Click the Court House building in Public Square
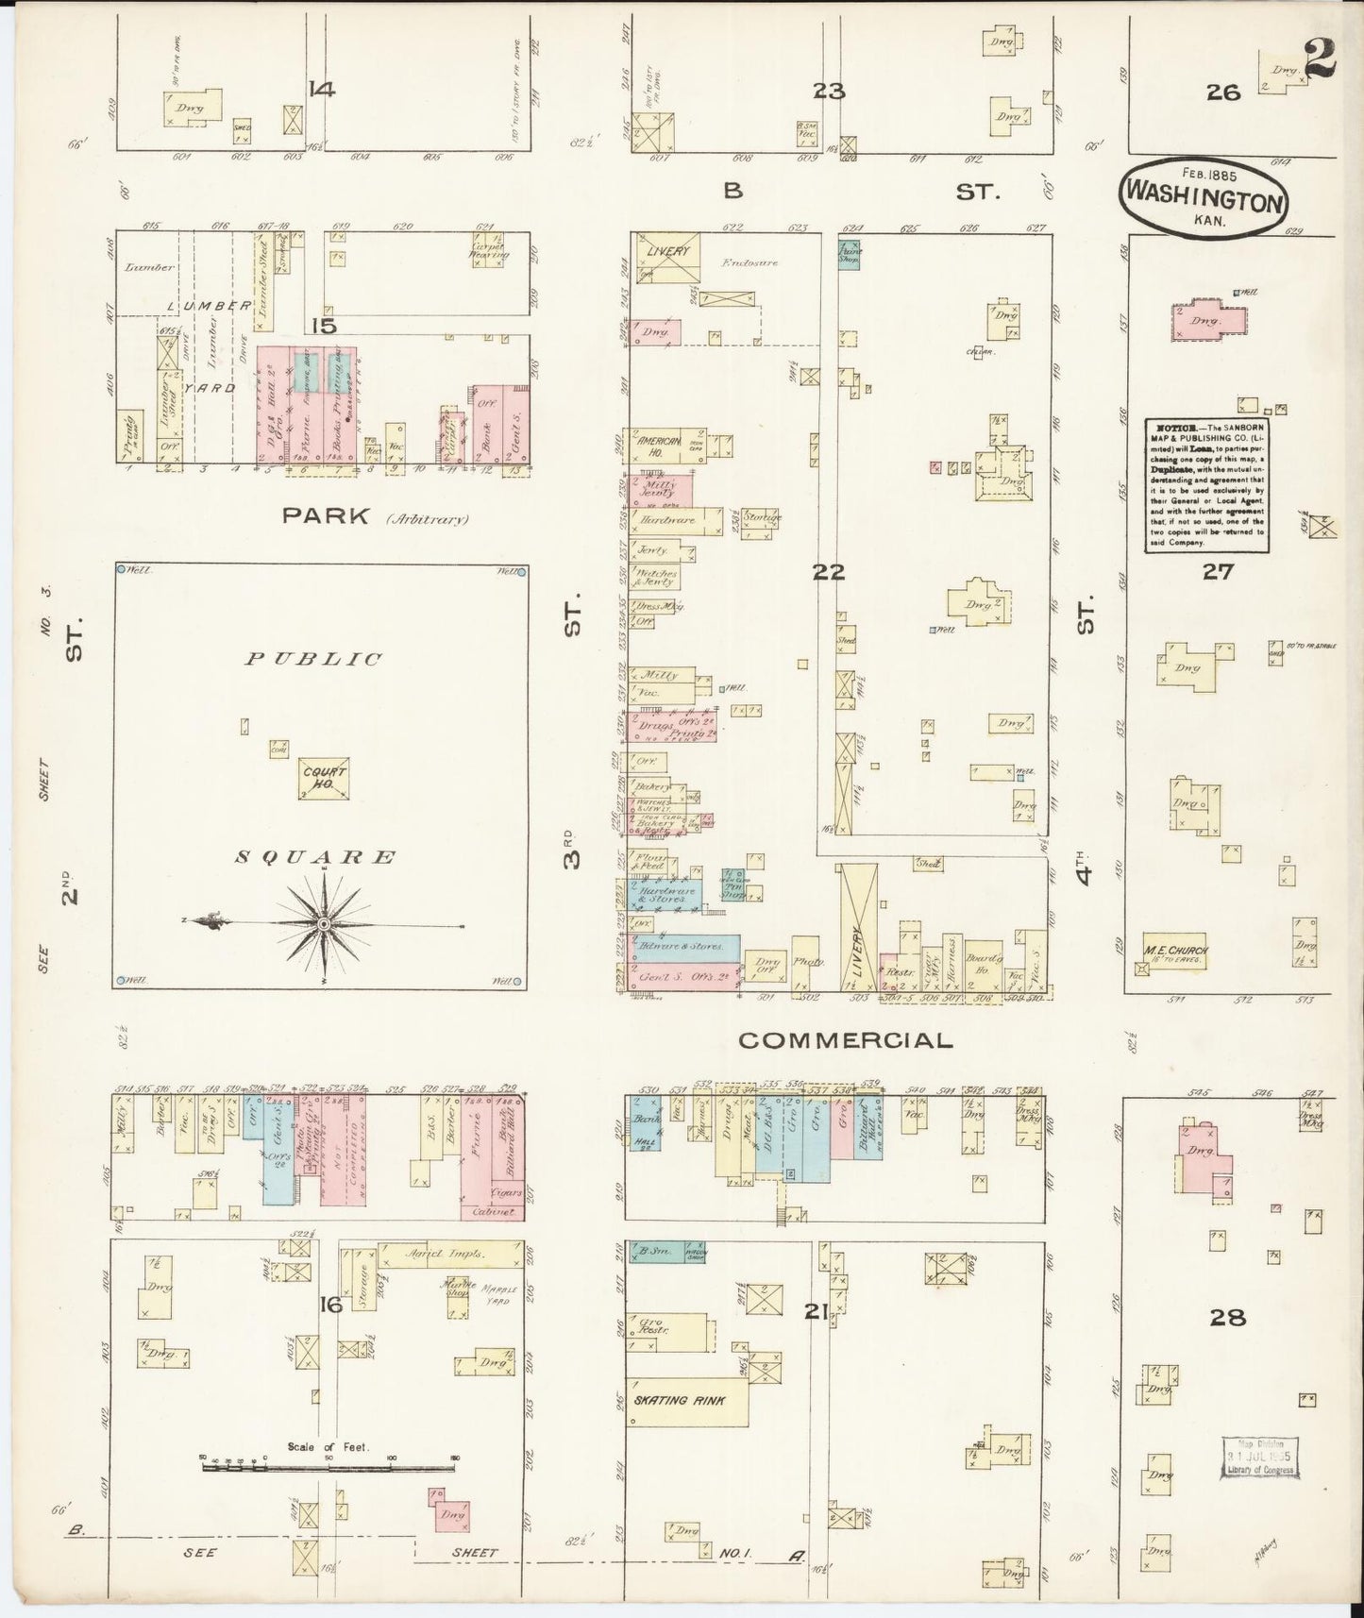pos(324,778)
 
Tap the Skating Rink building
pos(687,1400)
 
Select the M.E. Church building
pos(1175,952)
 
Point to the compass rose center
pos(324,923)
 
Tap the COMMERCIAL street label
pos(845,1040)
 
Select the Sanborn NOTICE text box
pos(1206,484)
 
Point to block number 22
pos(831,572)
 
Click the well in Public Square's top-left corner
pos(121,570)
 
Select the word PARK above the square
pos(322,516)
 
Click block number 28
pos(1227,1317)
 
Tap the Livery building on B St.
pos(669,254)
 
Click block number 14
pos(321,91)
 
